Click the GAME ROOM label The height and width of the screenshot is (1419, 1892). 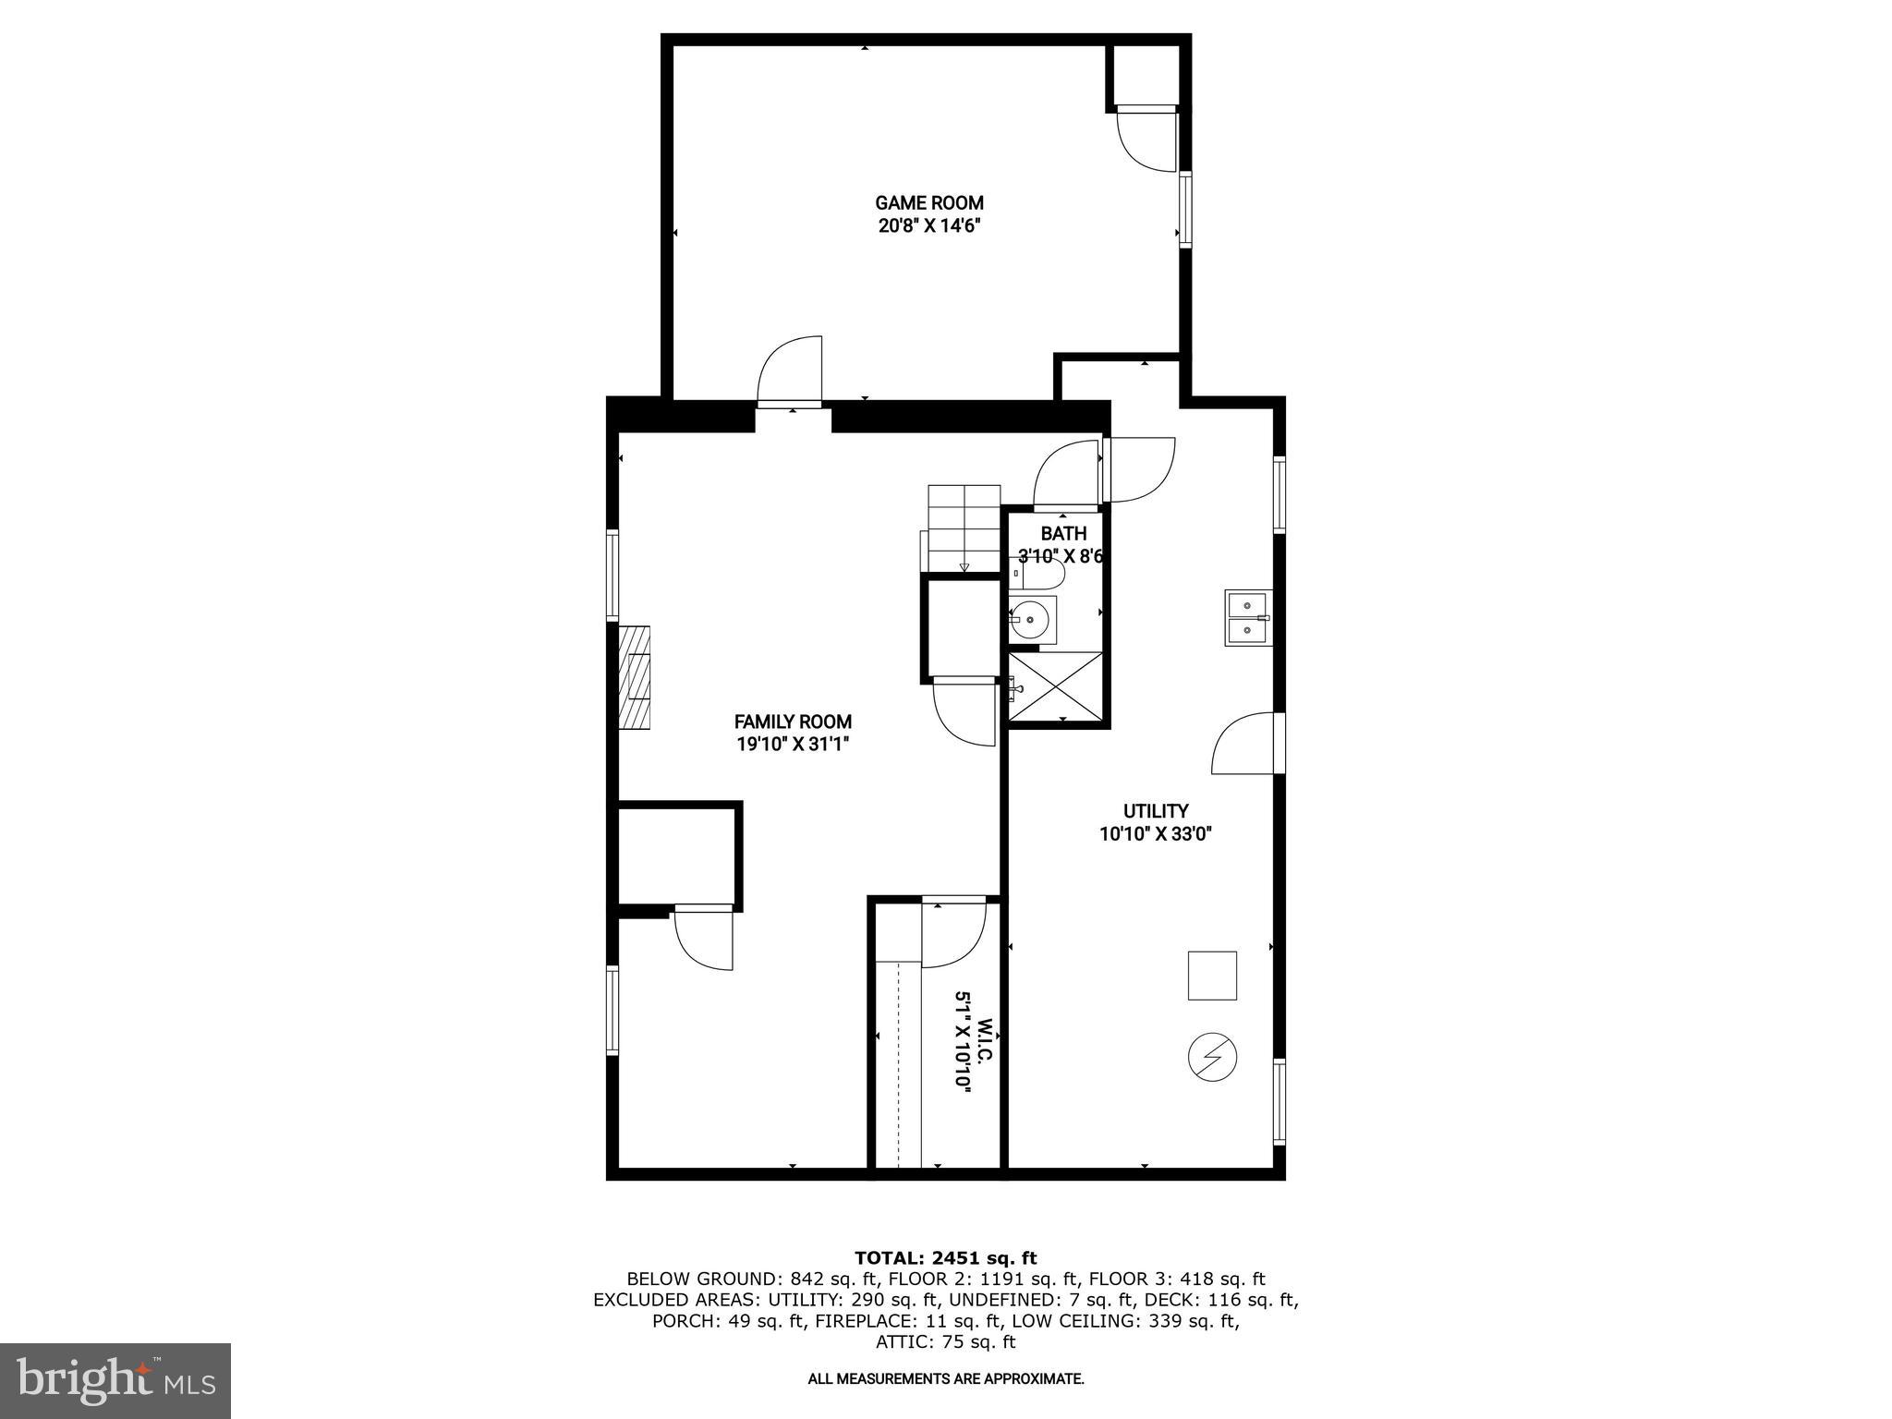[x=928, y=202]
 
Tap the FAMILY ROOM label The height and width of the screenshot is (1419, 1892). [x=793, y=722]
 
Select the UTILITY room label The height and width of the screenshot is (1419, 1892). [x=1155, y=811]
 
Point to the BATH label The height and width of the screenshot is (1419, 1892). [x=1063, y=533]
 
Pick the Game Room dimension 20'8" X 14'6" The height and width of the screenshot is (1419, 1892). [x=928, y=226]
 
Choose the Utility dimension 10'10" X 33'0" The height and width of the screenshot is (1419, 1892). [x=1155, y=834]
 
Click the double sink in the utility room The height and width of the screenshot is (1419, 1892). [x=1248, y=617]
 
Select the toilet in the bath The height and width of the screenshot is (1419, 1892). [x=1040, y=574]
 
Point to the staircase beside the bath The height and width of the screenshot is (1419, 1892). [x=964, y=528]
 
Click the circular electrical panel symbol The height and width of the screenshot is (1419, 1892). [x=1212, y=1057]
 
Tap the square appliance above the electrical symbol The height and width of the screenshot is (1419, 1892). [x=1211, y=975]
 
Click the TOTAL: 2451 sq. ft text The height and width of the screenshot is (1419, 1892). [x=945, y=1257]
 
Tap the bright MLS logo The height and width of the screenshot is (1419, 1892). [x=115, y=1381]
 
